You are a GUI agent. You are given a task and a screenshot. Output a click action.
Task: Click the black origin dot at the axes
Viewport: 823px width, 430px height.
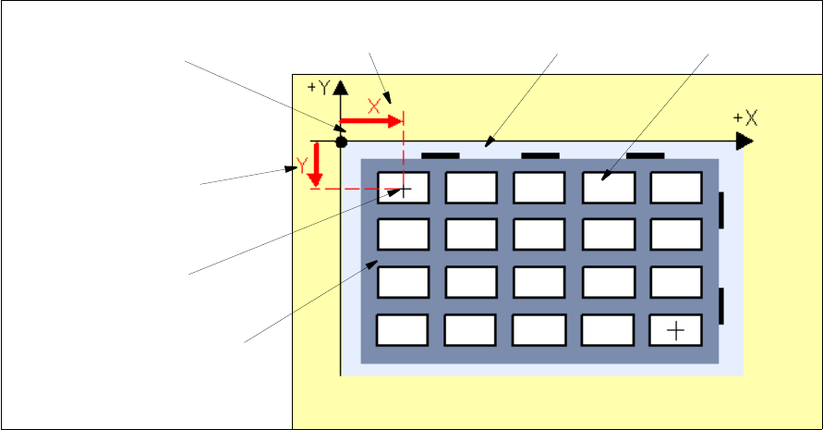click(x=341, y=141)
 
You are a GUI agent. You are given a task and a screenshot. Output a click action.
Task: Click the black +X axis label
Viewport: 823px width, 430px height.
click(x=744, y=117)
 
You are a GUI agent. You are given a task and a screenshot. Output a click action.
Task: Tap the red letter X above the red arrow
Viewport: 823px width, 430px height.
click(x=374, y=105)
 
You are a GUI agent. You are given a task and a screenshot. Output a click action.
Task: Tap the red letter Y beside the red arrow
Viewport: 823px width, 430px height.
click(x=302, y=166)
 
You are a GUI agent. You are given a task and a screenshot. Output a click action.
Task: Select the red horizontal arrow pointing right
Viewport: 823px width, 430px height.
click(x=372, y=120)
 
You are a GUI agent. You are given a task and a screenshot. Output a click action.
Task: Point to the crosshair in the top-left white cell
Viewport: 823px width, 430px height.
click(x=404, y=189)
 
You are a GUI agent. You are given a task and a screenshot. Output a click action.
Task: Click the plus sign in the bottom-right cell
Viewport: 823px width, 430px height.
click(x=676, y=329)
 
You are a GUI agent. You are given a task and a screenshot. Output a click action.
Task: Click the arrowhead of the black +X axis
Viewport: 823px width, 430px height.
click(x=744, y=141)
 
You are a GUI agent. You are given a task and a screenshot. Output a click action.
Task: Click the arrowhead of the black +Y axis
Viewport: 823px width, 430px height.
click(x=341, y=88)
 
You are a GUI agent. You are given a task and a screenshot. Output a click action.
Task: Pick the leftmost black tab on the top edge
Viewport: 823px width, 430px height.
click(x=440, y=155)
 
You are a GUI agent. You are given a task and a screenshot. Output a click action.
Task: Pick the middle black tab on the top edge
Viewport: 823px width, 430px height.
click(x=539, y=155)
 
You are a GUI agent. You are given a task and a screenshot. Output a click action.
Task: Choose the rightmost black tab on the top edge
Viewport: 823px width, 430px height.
click(x=646, y=155)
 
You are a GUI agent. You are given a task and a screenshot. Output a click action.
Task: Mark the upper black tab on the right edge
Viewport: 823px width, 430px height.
click(x=722, y=210)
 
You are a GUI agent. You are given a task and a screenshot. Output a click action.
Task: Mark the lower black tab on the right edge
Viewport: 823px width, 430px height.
click(x=722, y=305)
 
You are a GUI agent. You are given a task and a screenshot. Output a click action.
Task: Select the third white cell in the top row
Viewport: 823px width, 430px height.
click(x=539, y=187)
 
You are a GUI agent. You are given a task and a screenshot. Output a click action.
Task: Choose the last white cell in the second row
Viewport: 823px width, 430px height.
click(x=676, y=234)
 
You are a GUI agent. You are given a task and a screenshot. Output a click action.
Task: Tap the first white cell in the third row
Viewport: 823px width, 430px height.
click(x=403, y=281)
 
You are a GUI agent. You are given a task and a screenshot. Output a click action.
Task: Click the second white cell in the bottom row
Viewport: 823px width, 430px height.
click(x=471, y=329)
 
